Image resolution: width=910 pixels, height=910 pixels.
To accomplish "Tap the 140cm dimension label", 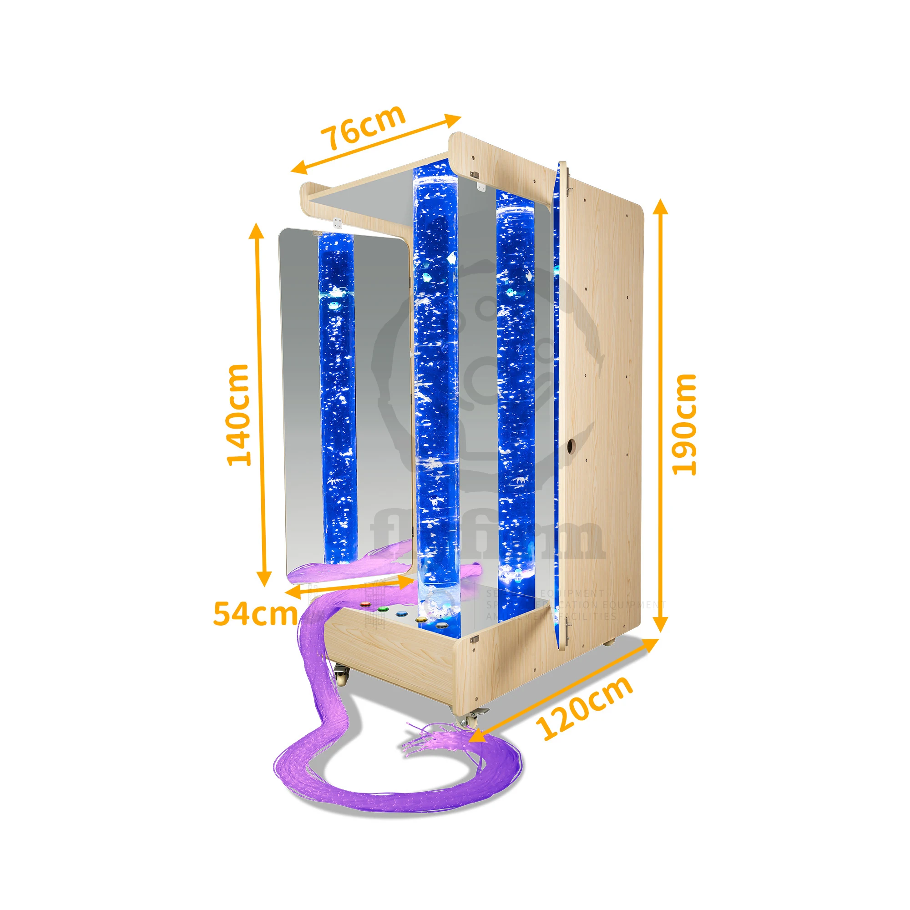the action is [238, 415].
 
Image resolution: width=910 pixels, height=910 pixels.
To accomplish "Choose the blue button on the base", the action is [401, 614].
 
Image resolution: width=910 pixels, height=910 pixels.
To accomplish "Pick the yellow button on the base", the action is [422, 619].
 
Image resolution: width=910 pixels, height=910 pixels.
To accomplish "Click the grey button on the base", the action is [441, 625].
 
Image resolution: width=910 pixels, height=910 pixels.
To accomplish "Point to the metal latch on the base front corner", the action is [475, 639].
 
